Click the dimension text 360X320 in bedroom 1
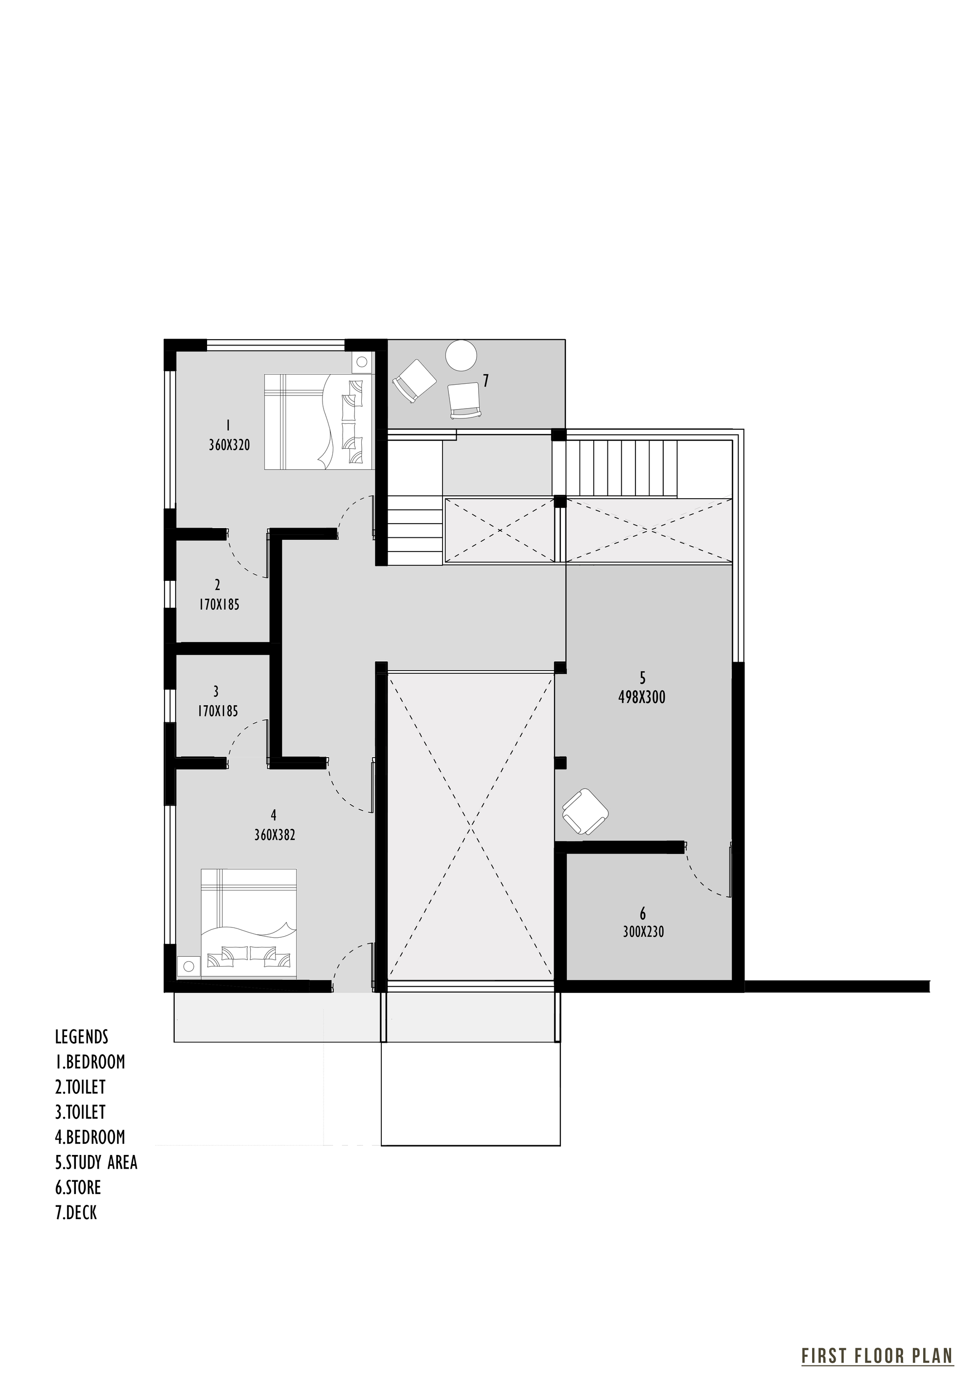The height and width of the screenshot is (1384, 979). click(229, 445)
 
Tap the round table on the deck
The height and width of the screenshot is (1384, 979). click(462, 356)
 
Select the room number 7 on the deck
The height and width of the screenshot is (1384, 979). click(485, 380)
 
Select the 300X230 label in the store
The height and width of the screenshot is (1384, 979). click(643, 932)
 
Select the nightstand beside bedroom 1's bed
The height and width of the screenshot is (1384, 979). click(362, 362)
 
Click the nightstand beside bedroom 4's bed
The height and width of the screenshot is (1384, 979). click(188, 966)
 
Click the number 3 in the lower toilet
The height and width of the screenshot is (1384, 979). click(216, 691)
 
